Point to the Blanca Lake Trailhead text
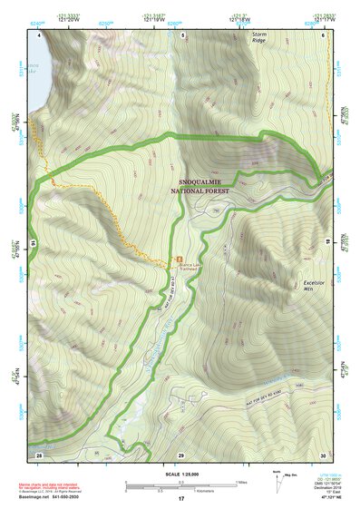pyautogui.click(x=185, y=266)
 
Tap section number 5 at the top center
pyautogui.click(x=182, y=34)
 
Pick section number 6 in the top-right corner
pyautogui.click(x=324, y=34)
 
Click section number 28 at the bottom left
pyautogui.click(x=39, y=454)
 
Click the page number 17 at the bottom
pyautogui.click(x=181, y=498)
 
